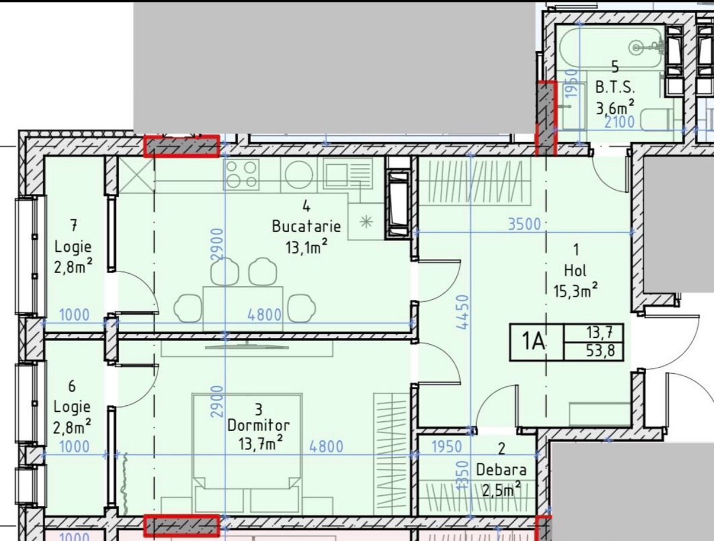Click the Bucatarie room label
(306, 226)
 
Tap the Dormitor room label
(258, 426)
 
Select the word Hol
(575, 271)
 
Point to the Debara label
(501, 470)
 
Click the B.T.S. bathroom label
(615, 87)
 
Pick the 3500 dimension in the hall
(524, 224)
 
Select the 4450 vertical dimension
(463, 312)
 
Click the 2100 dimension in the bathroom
(619, 123)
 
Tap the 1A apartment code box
(536, 342)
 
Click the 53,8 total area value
(600, 351)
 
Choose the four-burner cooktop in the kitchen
(241, 174)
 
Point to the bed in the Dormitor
(247, 455)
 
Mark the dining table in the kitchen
(243, 308)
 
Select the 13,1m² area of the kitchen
(306, 246)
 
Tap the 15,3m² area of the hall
(576, 290)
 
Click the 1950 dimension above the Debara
(446, 447)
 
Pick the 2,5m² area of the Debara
(501, 490)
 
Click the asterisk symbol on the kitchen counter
(367, 222)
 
